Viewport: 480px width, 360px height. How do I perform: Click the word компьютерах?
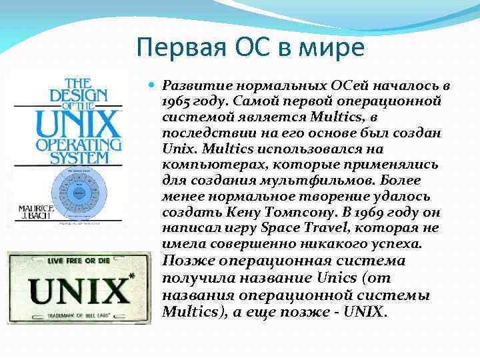tap(203, 165)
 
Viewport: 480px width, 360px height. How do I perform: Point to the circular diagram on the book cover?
tap(78, 193)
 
